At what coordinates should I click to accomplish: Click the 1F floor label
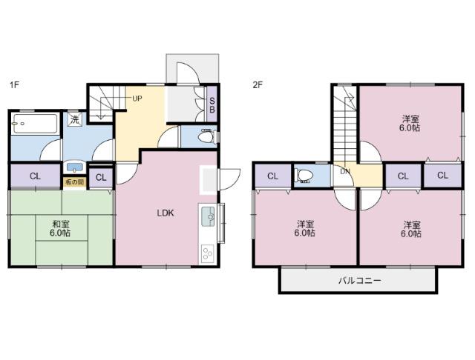[14, 84]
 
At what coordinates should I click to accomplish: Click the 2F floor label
[258, 85]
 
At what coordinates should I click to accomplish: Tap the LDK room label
[166, 213]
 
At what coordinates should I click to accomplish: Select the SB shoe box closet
[212, 104]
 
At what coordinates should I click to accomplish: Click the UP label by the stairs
[137, 99]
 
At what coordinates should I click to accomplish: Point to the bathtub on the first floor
[35, 123]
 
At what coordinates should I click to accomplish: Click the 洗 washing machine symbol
[74, 119]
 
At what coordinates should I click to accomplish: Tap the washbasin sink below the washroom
[74, 167]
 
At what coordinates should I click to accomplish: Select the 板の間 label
[74, 182]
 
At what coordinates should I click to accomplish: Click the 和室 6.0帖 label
[61, 228]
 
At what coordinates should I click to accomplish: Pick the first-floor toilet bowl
[206, 136]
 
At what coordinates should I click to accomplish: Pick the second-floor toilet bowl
[304, 176]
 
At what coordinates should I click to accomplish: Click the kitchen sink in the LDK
[208, 216]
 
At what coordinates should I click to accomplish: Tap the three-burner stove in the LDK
[208, 253]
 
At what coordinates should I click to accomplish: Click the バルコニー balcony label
[359, 281]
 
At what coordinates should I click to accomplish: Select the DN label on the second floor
[345, 171]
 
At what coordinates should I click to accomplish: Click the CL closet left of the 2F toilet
[272, 176]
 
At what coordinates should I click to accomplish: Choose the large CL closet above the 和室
[35, 176]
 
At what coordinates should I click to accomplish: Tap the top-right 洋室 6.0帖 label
[410, 123]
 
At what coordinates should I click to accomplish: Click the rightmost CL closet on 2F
[442, 176]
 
